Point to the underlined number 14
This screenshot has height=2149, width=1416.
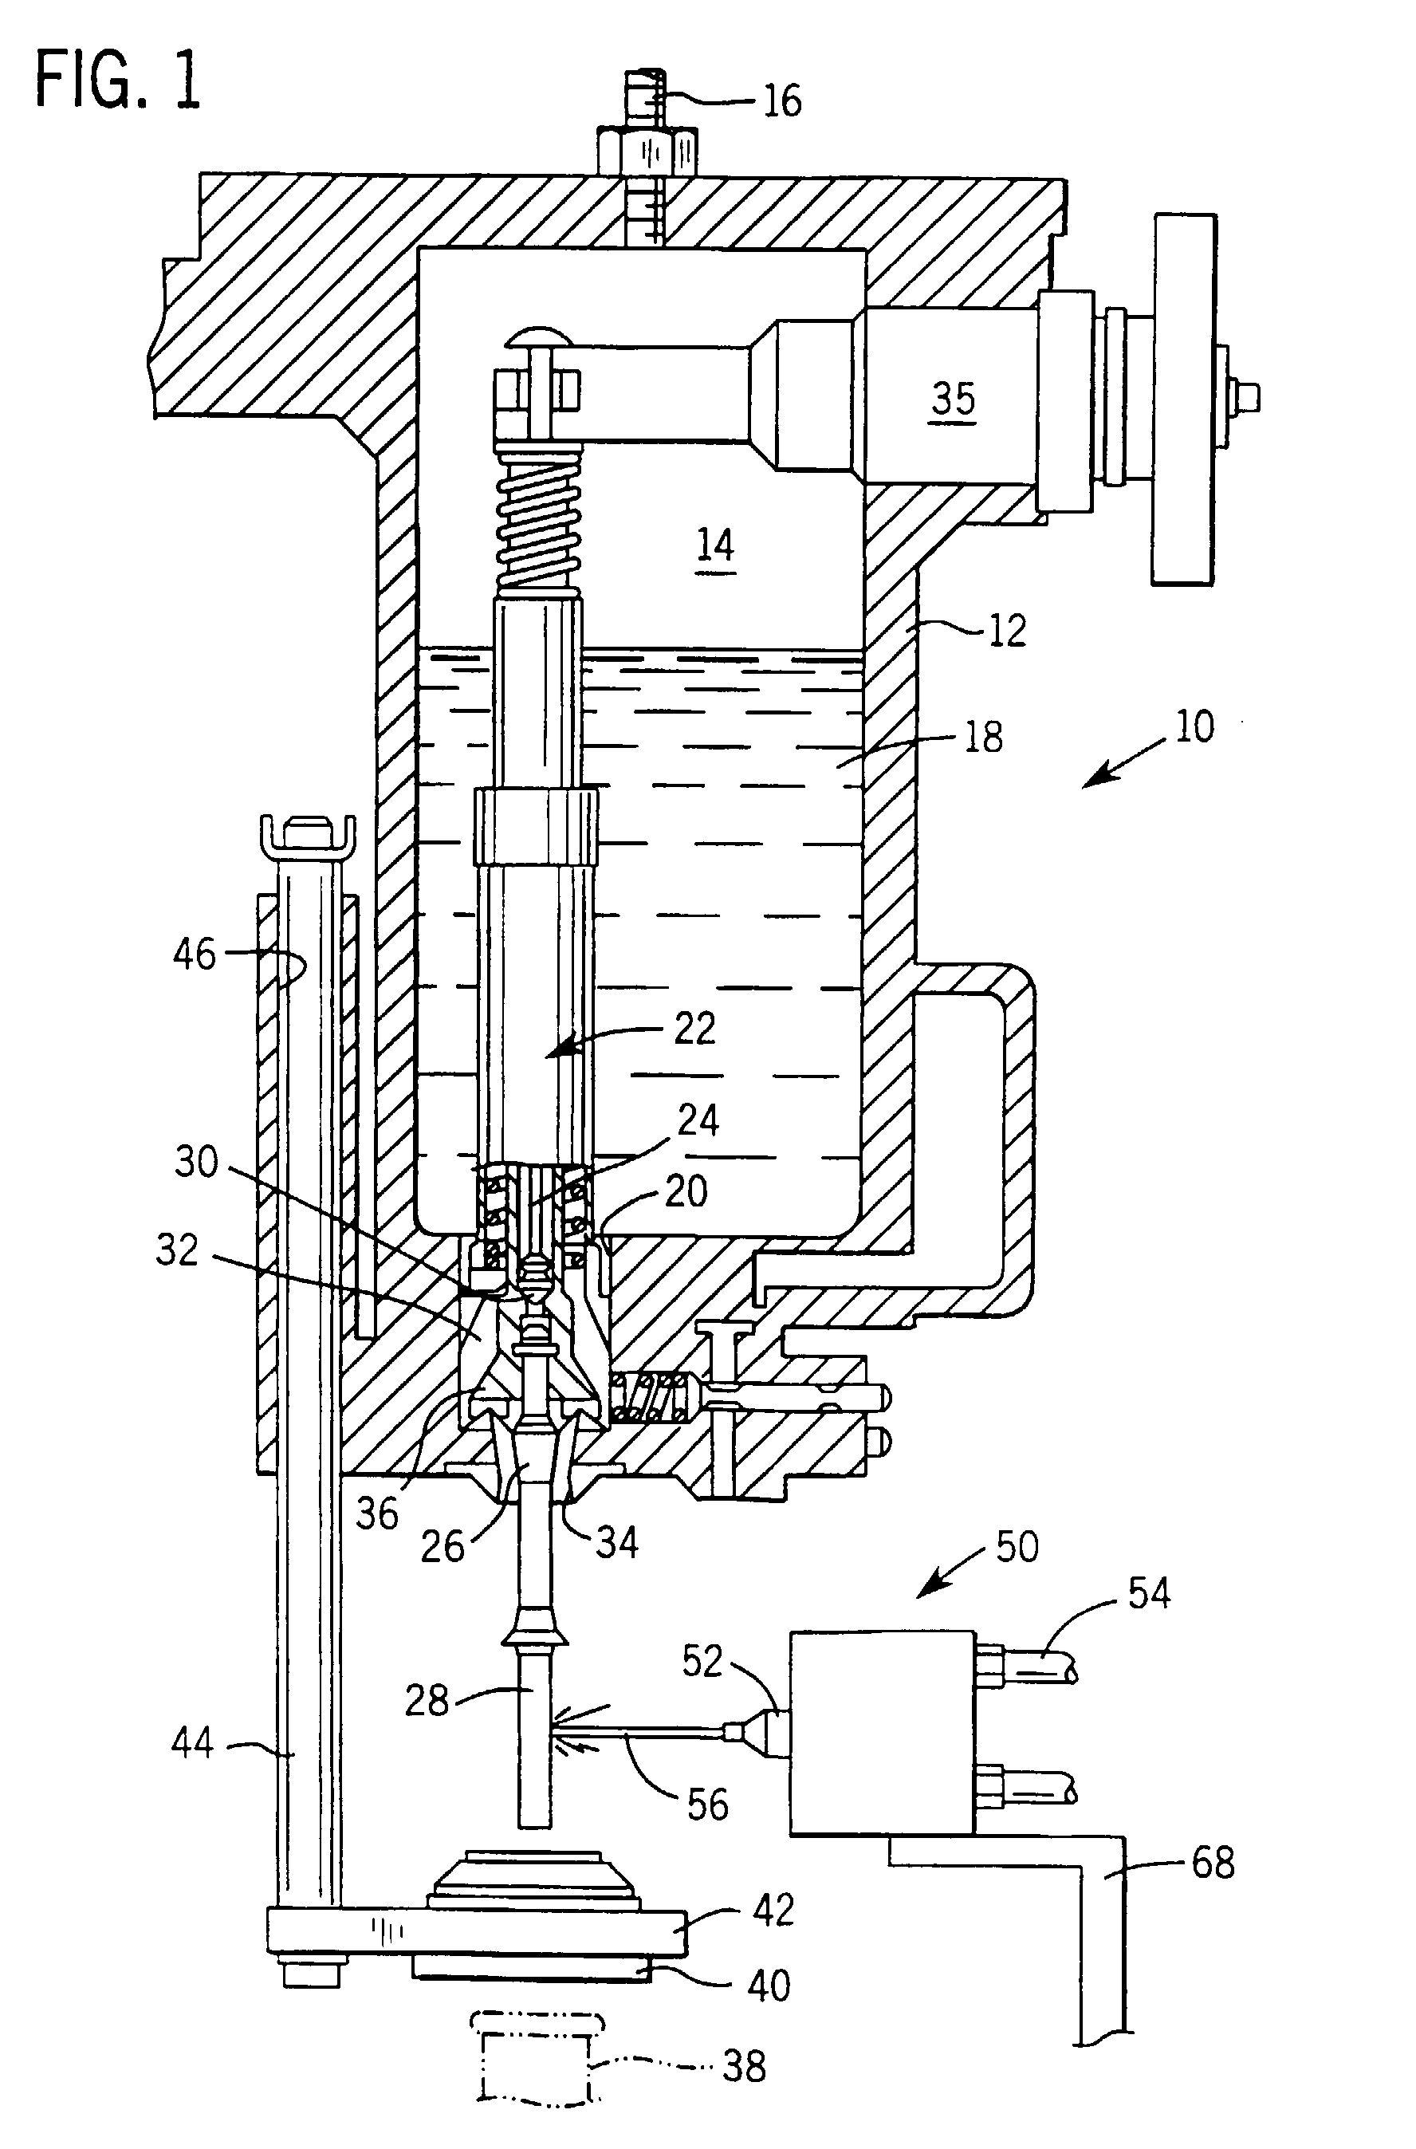[716, 545]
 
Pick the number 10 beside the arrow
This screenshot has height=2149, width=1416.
[1194, 727]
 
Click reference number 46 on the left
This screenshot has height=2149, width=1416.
[195, 954]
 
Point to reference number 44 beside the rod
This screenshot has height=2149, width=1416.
[192, 1742]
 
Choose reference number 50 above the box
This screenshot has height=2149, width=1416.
[1017, 1546]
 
